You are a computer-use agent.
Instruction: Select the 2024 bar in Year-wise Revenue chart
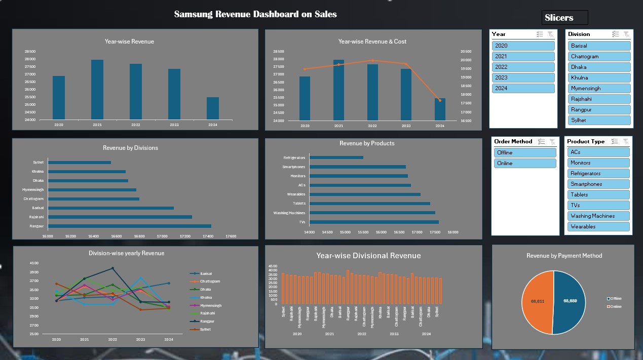(213, 108)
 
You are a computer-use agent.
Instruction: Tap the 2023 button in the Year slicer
(523, 77)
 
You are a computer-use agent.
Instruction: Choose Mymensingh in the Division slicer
(599, 88)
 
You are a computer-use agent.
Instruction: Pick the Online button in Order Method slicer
(524, 163)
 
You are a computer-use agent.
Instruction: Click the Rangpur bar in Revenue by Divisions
(130, 226)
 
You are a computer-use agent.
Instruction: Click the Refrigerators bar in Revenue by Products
(336, 157)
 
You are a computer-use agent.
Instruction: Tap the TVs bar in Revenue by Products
(374, 222)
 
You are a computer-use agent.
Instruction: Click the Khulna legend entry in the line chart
(206, 297)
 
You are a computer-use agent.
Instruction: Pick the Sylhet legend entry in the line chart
(205, 330)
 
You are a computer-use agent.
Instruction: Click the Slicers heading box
(564, 18)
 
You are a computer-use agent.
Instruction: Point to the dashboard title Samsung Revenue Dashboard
(255, 14)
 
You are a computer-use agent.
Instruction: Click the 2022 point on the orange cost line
(372, 60)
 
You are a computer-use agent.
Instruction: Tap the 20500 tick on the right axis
(466, 52)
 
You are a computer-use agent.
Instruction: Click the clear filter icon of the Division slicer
(626, 34)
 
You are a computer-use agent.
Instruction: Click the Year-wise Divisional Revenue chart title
(368, 256)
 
